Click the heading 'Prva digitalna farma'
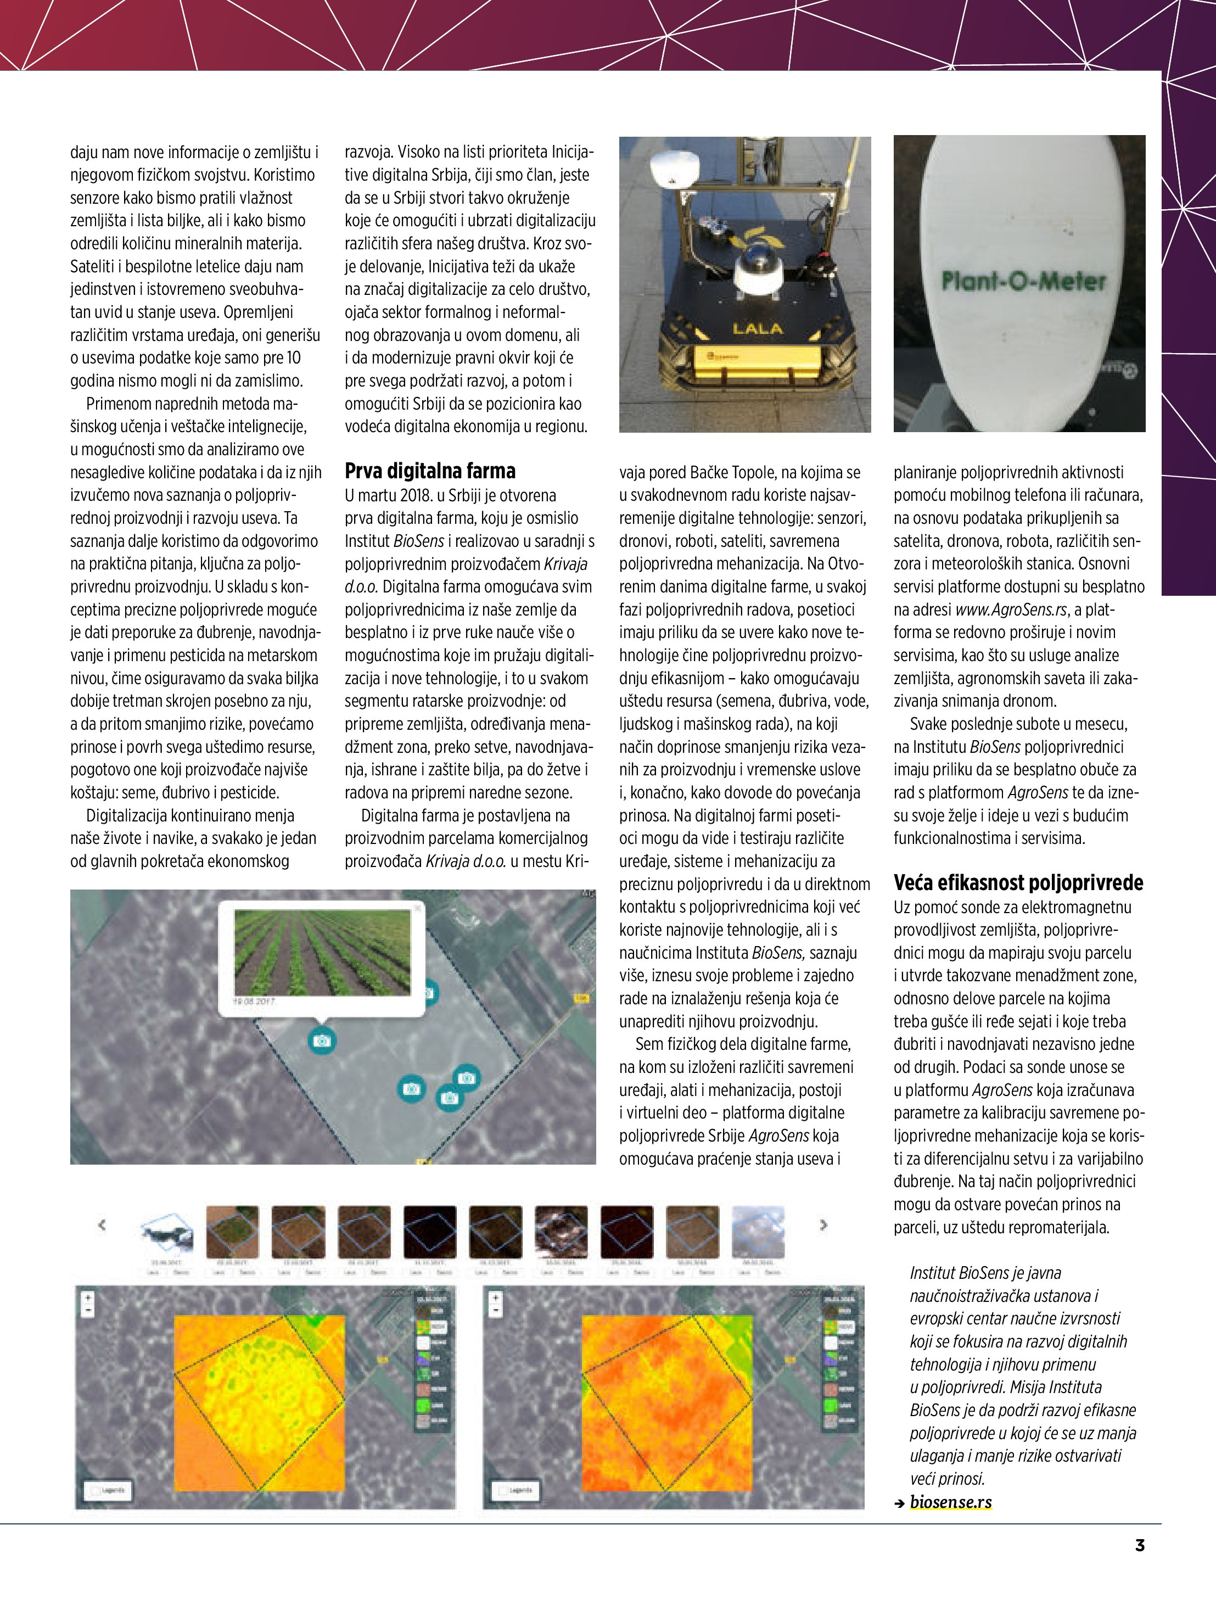coord(429,472)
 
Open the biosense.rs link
coord(950,1502)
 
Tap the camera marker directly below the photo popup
coord(321,1041)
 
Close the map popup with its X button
coord(417,908)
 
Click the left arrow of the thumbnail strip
coord(102,1226)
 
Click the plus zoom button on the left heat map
coord(88,1298)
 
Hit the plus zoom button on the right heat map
coord(496,1298)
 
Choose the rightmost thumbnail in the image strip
coord(758,1231)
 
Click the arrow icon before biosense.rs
coord(900,1503)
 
